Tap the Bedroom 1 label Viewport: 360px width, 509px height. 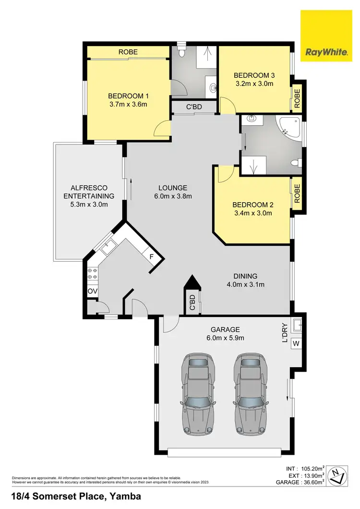click(127, 95)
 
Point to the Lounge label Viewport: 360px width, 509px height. click(173, 188)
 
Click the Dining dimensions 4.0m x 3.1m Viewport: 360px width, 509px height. click(246, 284)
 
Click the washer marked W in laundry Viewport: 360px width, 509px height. click(296, 343)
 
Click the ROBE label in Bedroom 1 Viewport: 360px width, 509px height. click(127, 51)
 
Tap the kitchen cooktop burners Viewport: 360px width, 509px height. click(92, 273)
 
